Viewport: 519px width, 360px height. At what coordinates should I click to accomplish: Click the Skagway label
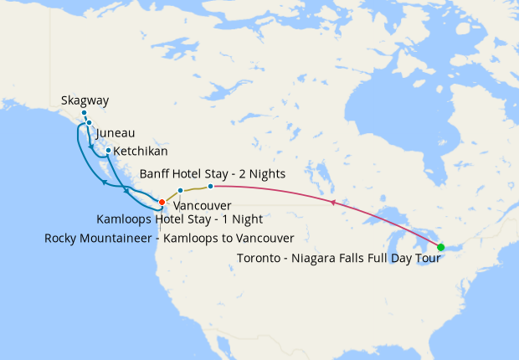pos(85,101)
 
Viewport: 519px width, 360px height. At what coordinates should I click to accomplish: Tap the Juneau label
pos(116,133)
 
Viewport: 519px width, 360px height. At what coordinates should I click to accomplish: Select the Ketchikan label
pos(141,152)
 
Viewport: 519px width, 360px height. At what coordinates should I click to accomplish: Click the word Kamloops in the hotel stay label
pos(126,219)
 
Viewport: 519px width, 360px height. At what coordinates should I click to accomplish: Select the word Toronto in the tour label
pos(259,258)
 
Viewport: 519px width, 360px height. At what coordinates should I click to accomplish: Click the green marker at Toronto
pos(441,247)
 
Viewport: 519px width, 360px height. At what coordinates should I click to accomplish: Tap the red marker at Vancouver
pos(162,202)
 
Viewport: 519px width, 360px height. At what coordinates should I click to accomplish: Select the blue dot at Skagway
pos(84,112)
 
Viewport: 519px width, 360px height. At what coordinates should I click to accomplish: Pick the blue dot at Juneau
pos(89,123)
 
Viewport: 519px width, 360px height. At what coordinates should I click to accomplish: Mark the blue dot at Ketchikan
pos(108,151)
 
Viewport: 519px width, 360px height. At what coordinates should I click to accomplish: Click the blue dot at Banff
pos(210,186)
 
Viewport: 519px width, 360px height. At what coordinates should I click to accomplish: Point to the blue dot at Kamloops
pos(181,191)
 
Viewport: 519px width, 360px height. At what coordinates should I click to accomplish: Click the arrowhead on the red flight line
pos(333,203)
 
